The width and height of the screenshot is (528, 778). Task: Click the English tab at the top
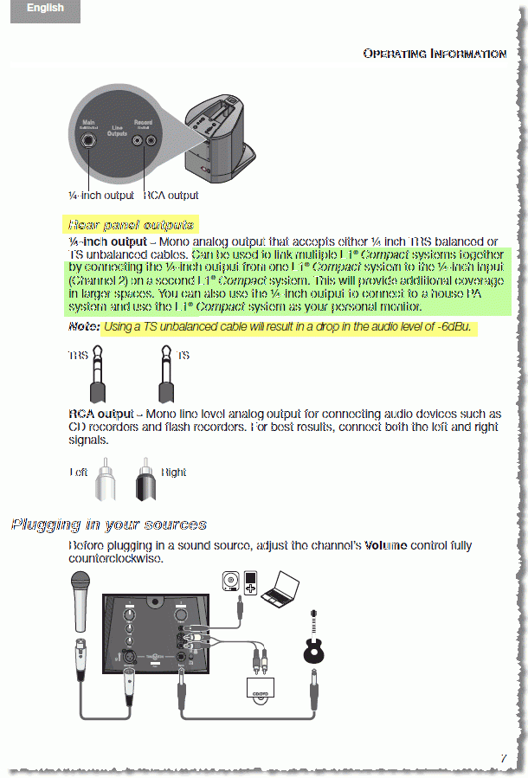click(x=45, y=9)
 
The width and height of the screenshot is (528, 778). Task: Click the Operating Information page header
click(x=435, y=54)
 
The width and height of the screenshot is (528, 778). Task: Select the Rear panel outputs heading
click(x=131, y=225)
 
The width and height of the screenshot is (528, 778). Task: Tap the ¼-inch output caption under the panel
click(x=101, y=196)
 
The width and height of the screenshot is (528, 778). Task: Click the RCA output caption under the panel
click(x=171, y=196)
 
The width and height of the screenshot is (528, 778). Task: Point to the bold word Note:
click(x=84, y=327)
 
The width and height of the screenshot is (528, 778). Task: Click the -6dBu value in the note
click(x=455, y=327)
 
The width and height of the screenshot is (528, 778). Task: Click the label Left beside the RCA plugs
click(x=80, y=473)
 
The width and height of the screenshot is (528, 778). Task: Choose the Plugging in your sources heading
click(x=109, y=524)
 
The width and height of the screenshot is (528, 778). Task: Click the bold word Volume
click(x=385, y=546)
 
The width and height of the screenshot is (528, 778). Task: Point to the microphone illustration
click(x=81, y=601)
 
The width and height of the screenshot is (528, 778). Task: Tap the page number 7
click(x=503, y=759)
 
